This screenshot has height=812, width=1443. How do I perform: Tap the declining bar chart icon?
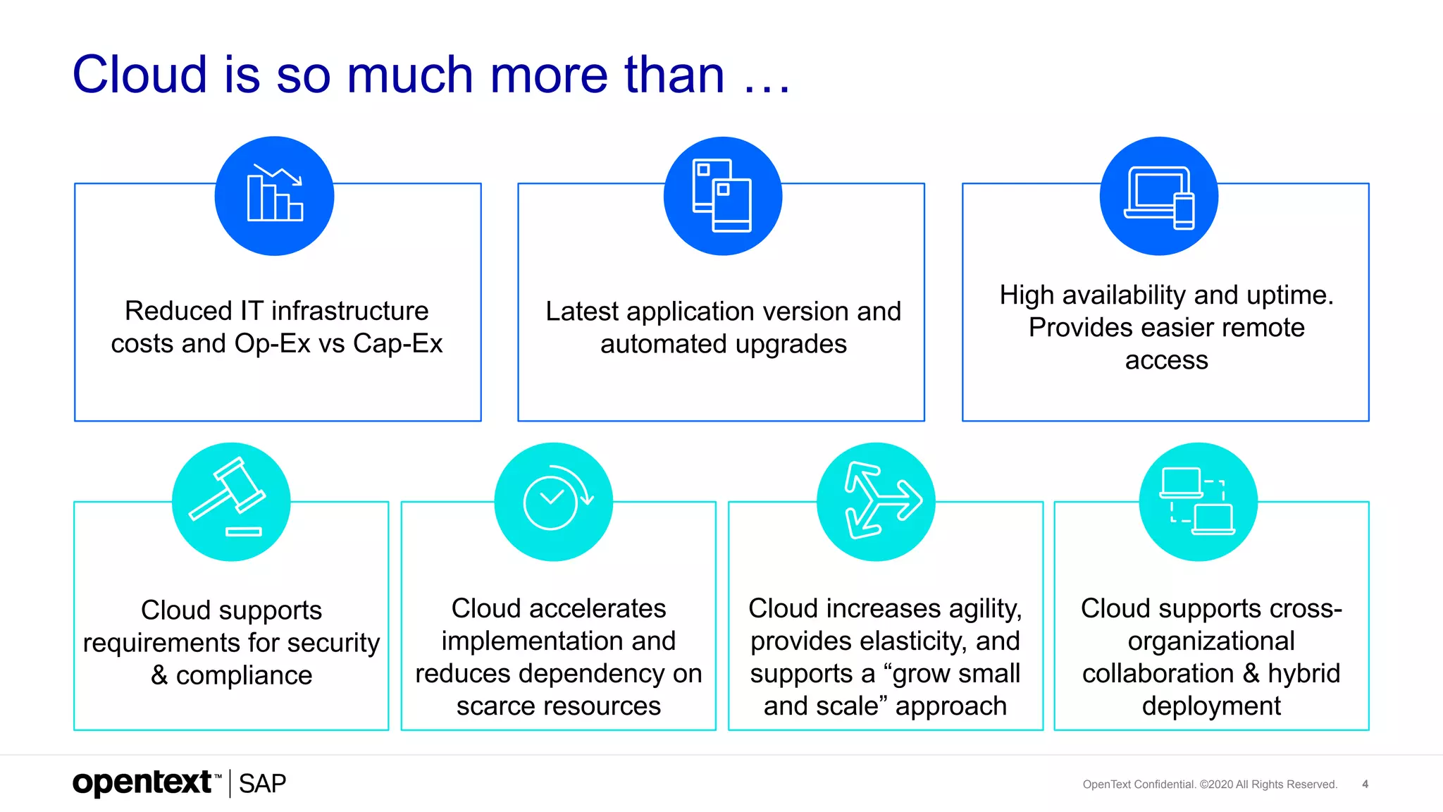tap(275, 195)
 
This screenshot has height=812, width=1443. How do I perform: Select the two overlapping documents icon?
tap(722, 195)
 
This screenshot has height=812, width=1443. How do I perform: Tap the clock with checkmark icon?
tap(555, 500)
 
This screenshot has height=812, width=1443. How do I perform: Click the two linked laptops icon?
tap(1198, 501)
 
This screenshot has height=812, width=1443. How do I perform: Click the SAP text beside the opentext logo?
tap(262, 784)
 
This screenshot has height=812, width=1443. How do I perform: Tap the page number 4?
tap(1365, 784)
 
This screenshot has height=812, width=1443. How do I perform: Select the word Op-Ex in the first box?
tap(272, 344)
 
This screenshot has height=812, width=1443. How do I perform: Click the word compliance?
tap(244, 675)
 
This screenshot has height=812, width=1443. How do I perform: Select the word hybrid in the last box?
tap(1303, 673)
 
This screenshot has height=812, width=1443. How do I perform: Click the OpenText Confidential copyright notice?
tap(1209, 785)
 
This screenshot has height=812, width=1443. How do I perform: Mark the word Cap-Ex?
tap(397, 344)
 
